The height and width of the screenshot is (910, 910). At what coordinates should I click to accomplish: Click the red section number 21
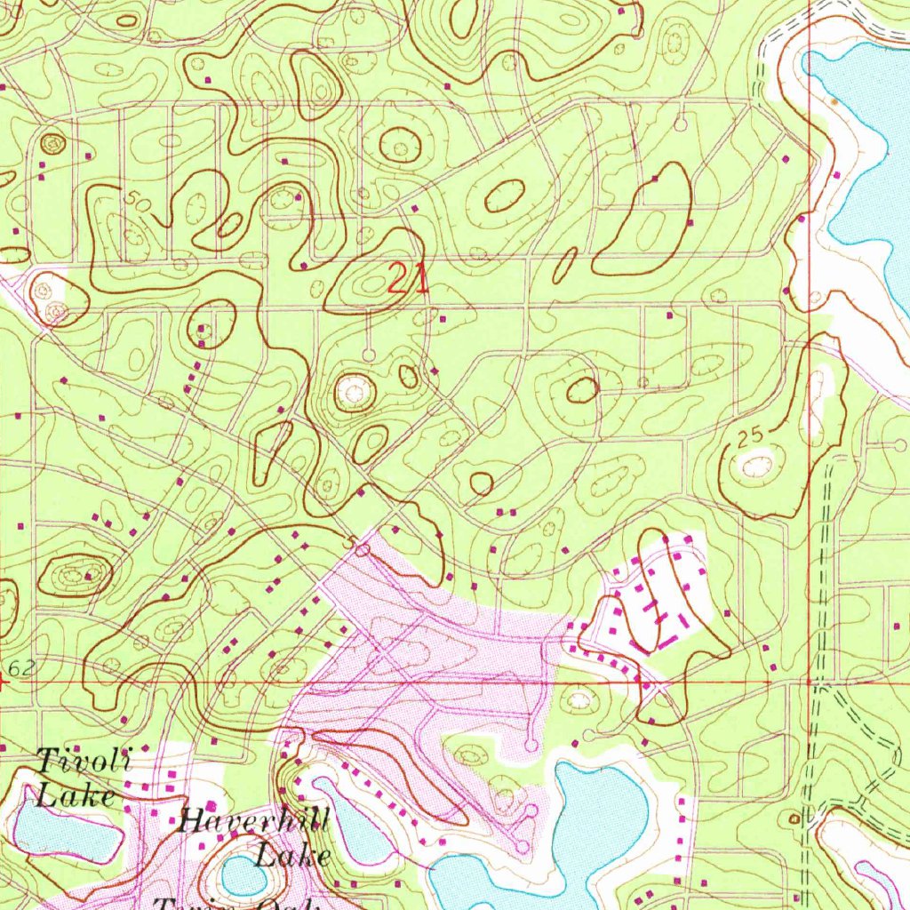tap(408, 280)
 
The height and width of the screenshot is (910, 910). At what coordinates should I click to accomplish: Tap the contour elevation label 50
tap(138, 202)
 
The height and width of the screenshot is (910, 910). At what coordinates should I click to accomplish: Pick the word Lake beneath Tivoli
tap(76, 794)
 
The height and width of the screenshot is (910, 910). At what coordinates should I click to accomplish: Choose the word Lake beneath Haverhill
tap(293, 856)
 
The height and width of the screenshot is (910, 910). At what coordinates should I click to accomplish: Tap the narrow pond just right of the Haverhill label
tap(351, 822)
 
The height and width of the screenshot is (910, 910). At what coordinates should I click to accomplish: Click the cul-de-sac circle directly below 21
tap(369, 355)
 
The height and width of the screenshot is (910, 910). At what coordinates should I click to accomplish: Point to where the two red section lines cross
tap(810, 682)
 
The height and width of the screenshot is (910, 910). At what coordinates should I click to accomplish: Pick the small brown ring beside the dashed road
tap(794, 818)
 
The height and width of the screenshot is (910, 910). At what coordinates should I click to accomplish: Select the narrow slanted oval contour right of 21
tap(565, 265)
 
